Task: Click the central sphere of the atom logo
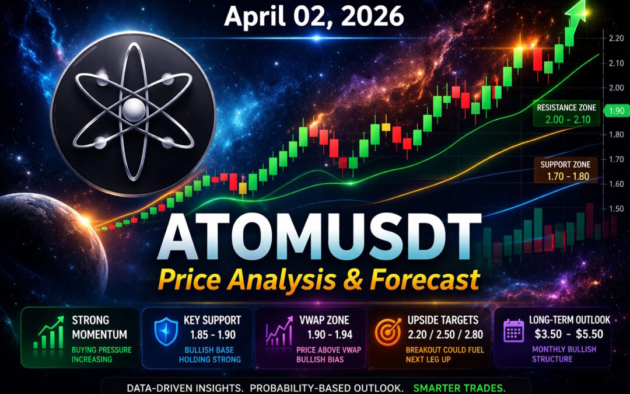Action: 134,110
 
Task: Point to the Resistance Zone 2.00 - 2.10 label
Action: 566,113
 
